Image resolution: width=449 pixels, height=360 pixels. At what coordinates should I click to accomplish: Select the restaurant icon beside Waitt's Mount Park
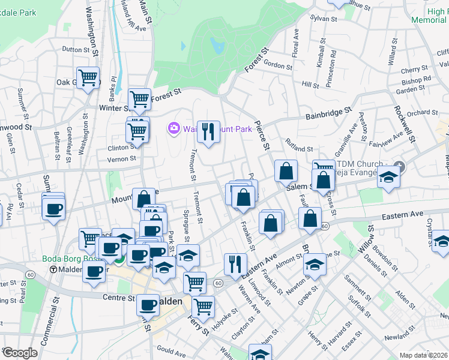pyautogui.click(x=208, y=132)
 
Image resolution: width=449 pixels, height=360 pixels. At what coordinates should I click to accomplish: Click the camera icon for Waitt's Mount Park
pyautogui.click(x=174, y=128)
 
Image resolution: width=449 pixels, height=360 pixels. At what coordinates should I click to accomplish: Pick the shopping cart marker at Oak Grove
pyautogui.click(x=88, y=77)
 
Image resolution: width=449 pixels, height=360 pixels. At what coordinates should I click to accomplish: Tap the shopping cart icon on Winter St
pyautogui.click(x=140, y=98)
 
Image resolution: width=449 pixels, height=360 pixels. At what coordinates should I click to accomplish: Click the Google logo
pyautogui.click(x=20, y=353)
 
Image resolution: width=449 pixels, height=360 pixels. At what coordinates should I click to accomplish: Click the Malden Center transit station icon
pyautogui.click(x=53, y=269)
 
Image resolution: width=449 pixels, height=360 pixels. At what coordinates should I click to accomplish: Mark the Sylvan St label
pyautogui.click(x=321, y=19)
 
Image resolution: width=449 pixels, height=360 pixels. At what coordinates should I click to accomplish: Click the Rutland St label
pyautogui.click(x=299, y=148)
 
